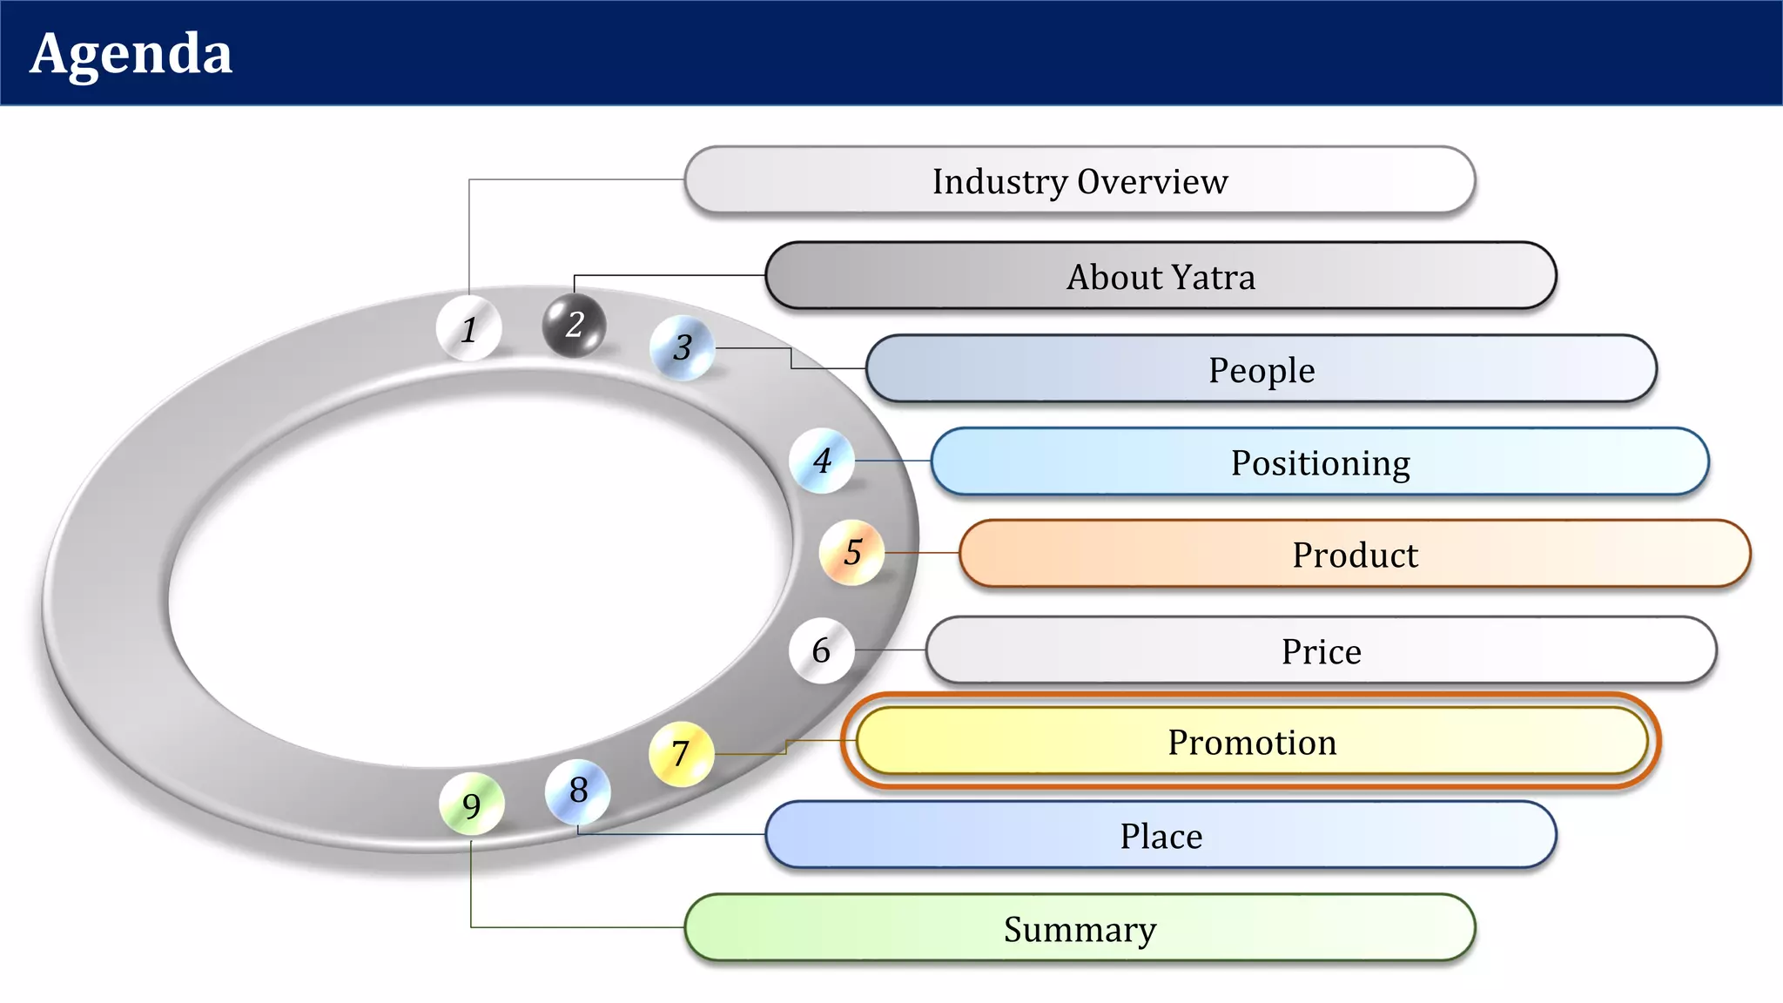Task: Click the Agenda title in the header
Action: (131, 54)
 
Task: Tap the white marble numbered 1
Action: (468, 328)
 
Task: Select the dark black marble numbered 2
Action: (574, 325)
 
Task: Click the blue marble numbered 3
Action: (683, 347)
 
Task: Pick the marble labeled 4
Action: (822, 461)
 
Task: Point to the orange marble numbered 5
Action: (852, 552)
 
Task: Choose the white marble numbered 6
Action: (821, 650)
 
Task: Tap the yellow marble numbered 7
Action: (681, 753)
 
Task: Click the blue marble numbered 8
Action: (578, 791)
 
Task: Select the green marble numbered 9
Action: (471, 804)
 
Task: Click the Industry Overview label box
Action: (1080, 180)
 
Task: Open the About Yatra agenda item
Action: (1161, 276)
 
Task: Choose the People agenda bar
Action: (1261, 369)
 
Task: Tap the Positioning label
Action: (1320, 461)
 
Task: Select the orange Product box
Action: (1355, 554)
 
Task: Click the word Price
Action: (1321, 651)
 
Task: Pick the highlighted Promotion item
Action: (1251, 742)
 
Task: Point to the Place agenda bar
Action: (1161, 835)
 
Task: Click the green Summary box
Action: (1080, 928)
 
